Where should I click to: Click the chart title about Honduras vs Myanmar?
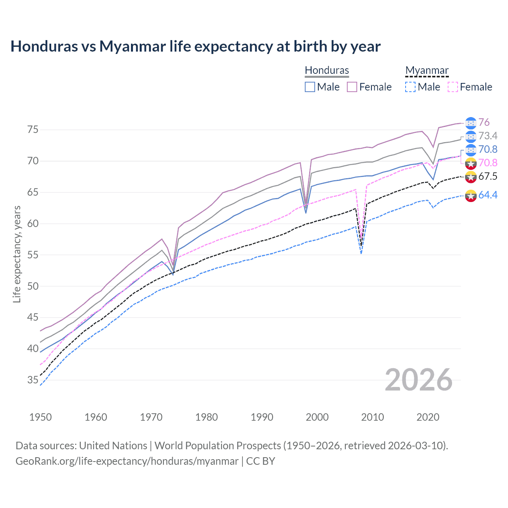pyautogui.click(x=195, y=46)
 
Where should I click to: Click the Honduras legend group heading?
pyautogui.click(x=327, y=70)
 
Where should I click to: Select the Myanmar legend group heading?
pyautogui.click(x=427, y=70)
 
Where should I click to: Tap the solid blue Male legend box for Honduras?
pyautogui.click(x=310, y=87)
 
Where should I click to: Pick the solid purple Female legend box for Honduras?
pyautogui.click(x=352, y=87)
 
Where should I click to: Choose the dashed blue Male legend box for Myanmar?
pyautogui.click(x=410, y=87)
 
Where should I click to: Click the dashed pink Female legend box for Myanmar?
pyautogui.click(x=453, y=87)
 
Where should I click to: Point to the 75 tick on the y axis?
pyautogui.click(x=33, y=130)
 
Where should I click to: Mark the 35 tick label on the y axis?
pyautogui.click(x=33, y=380)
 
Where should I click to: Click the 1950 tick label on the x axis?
pyautogui.click(x=40, y=417)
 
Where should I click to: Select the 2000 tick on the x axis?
pyautogui.click(x=317, y=417)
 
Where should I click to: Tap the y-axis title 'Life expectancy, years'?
pyautogui.click(x=17, y=254)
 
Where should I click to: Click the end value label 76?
pyautogui.click(x=484, y=122)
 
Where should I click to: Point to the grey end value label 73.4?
pyautogui.click(x=488, y=136)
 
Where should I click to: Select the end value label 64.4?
pyautogui.click(x=488, y=195)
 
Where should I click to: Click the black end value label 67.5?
pyautogui.click(x=488, y=176)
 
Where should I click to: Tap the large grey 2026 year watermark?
pyautogui.click(x=419, y=380)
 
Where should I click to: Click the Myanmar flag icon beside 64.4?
pyautogui.click(x=471, y=195)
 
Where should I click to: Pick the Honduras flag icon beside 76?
pyautogui.click(x=471, y=123)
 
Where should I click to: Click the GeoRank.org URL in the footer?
pyautogui.click(x=127, y=461)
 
